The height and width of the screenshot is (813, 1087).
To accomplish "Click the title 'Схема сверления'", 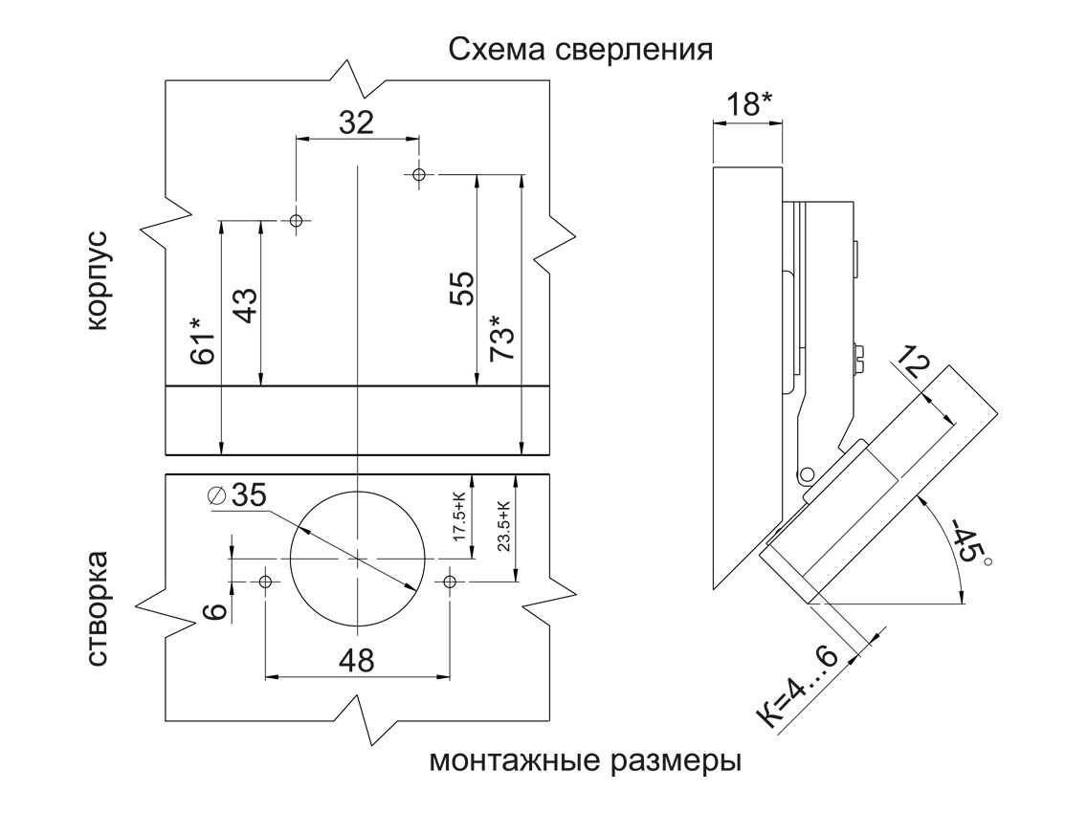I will tap(581, 50).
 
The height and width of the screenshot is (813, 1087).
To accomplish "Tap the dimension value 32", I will tap(355, 122).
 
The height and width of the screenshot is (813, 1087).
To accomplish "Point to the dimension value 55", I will tap(462, 288).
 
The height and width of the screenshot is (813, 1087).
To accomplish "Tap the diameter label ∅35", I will tap(236, 495).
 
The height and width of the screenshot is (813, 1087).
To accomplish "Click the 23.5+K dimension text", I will tap(503, 524).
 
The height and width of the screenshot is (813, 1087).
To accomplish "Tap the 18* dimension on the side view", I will tap(747, 102).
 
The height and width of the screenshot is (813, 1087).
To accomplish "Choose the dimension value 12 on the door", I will tap(913, 364).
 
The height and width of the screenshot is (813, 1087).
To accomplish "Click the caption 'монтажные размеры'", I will tap(586, 762).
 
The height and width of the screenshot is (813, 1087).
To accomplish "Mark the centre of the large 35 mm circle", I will tap(356, 557).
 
